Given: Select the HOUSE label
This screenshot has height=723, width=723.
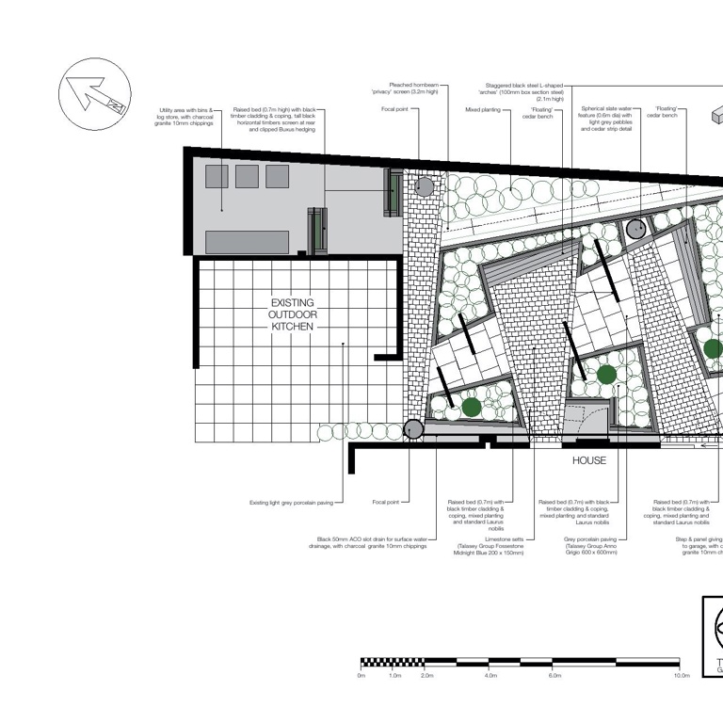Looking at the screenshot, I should pyautogui.click(x=589, y=460).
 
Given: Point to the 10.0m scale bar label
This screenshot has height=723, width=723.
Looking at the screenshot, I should pyautogui.click(x=683, y=675).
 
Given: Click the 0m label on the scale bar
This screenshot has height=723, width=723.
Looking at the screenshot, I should pyautogui.click(x=361, y=675).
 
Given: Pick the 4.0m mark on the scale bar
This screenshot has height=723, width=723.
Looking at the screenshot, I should pyautogui.click(x=490, y=675).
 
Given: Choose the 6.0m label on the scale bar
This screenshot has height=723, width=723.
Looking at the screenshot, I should pyautogui.click(x=554, y=675).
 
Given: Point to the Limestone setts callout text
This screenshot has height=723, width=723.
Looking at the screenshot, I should pyautogui.click(x=490, y=546).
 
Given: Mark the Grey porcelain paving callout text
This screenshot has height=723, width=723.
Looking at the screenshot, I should pyautogui.click(x=590, y=546).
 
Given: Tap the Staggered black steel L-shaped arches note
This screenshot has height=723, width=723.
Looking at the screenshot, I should pyautogui.click(x=524, y=91).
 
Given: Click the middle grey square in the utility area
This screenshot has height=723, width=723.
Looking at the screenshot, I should pyautogui.click(x=247, y=176).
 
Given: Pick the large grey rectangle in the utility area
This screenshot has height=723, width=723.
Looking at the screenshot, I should pyautogui.click(x=247, y=242).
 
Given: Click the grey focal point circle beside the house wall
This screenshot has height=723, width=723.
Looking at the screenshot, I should pyautogui.click(x=413, y=430).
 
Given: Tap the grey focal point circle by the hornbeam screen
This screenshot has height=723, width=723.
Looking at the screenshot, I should pyautogui.click(x=425, y=186).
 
